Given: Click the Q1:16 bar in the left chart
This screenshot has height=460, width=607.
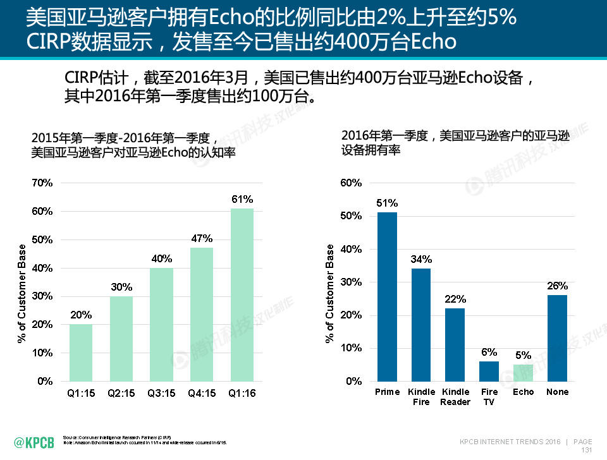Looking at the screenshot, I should click(x=242, y=294).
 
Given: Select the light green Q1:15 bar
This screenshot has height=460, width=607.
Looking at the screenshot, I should click(x=81, y=353).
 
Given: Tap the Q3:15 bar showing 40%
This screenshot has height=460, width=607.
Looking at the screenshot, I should click(x=161, y=324).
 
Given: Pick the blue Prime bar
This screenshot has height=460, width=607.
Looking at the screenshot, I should click(x=387, y=296).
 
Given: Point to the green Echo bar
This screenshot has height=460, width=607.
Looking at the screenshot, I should click(x=523, y=372).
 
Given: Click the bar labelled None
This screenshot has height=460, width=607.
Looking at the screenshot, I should click(x=557, y=337).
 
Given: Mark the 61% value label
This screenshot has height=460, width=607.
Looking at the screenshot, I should click(x=242, y=199).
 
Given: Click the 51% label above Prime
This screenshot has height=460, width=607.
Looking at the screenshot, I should click(x=387, y=203).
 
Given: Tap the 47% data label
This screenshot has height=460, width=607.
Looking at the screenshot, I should click(x=202, y=238).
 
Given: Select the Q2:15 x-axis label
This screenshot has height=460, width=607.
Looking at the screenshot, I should click(x=121, y=393).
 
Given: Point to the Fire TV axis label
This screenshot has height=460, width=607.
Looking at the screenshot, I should click(x=489, y=397).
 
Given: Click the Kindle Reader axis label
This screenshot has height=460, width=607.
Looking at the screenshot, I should click(x=455, y=397).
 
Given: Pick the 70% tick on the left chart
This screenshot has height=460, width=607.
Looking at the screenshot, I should click(x=42, y=183).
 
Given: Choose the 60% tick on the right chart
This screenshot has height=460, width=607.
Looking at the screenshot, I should click(x=351, y=183).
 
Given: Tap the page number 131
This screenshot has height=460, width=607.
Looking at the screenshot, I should click(x=586, y=450).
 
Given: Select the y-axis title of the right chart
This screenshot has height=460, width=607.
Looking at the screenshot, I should click(x=329, y=293).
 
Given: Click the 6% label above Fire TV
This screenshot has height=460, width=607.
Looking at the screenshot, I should click(x=489, y=352).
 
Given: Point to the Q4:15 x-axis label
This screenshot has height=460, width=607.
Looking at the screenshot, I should click(x=202, y=393).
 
